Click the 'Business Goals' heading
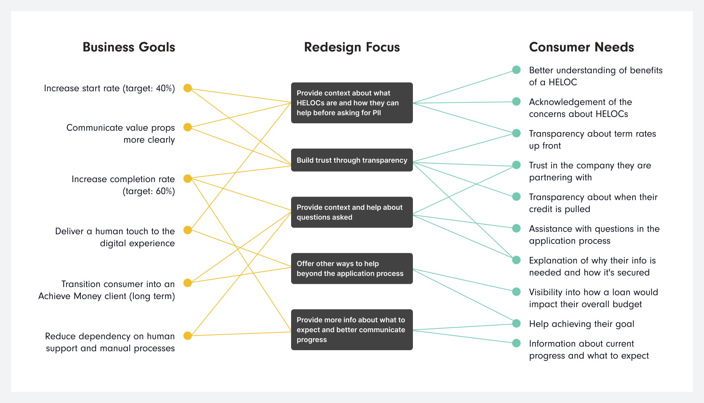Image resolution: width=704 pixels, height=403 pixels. click(129, 47)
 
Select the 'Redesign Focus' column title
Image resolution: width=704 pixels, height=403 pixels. click(352, 47)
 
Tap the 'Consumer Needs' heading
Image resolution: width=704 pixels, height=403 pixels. click(582, 47)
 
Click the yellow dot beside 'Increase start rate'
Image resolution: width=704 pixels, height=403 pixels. click(188, 88)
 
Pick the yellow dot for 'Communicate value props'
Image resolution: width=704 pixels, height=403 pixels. click(188, 127)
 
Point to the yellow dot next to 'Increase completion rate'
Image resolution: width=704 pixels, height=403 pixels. click(188, 179)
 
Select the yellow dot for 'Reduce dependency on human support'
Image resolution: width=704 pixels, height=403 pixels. click(188, 336)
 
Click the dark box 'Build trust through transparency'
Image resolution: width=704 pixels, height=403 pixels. click(352, 160)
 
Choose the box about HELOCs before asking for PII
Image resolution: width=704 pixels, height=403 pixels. click(352, 103)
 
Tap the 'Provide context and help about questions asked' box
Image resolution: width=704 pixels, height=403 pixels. click(352, 212)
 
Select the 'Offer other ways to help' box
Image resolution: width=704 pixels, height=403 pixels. click(352, 268)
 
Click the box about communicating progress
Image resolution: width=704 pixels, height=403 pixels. click(352, 330)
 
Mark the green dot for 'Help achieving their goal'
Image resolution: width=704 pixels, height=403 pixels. click(516, 323)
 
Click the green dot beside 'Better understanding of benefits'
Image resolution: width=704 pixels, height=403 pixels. click(516, 70)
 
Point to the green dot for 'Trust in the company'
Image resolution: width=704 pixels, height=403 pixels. click(516, 165)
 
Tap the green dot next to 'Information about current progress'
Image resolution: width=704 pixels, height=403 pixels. click(516, 343)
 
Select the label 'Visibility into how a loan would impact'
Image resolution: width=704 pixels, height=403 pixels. click(593, 298)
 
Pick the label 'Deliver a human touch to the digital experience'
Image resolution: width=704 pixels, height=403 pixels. click(115, 237)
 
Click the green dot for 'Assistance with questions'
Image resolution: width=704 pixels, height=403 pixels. click(516, 228)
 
